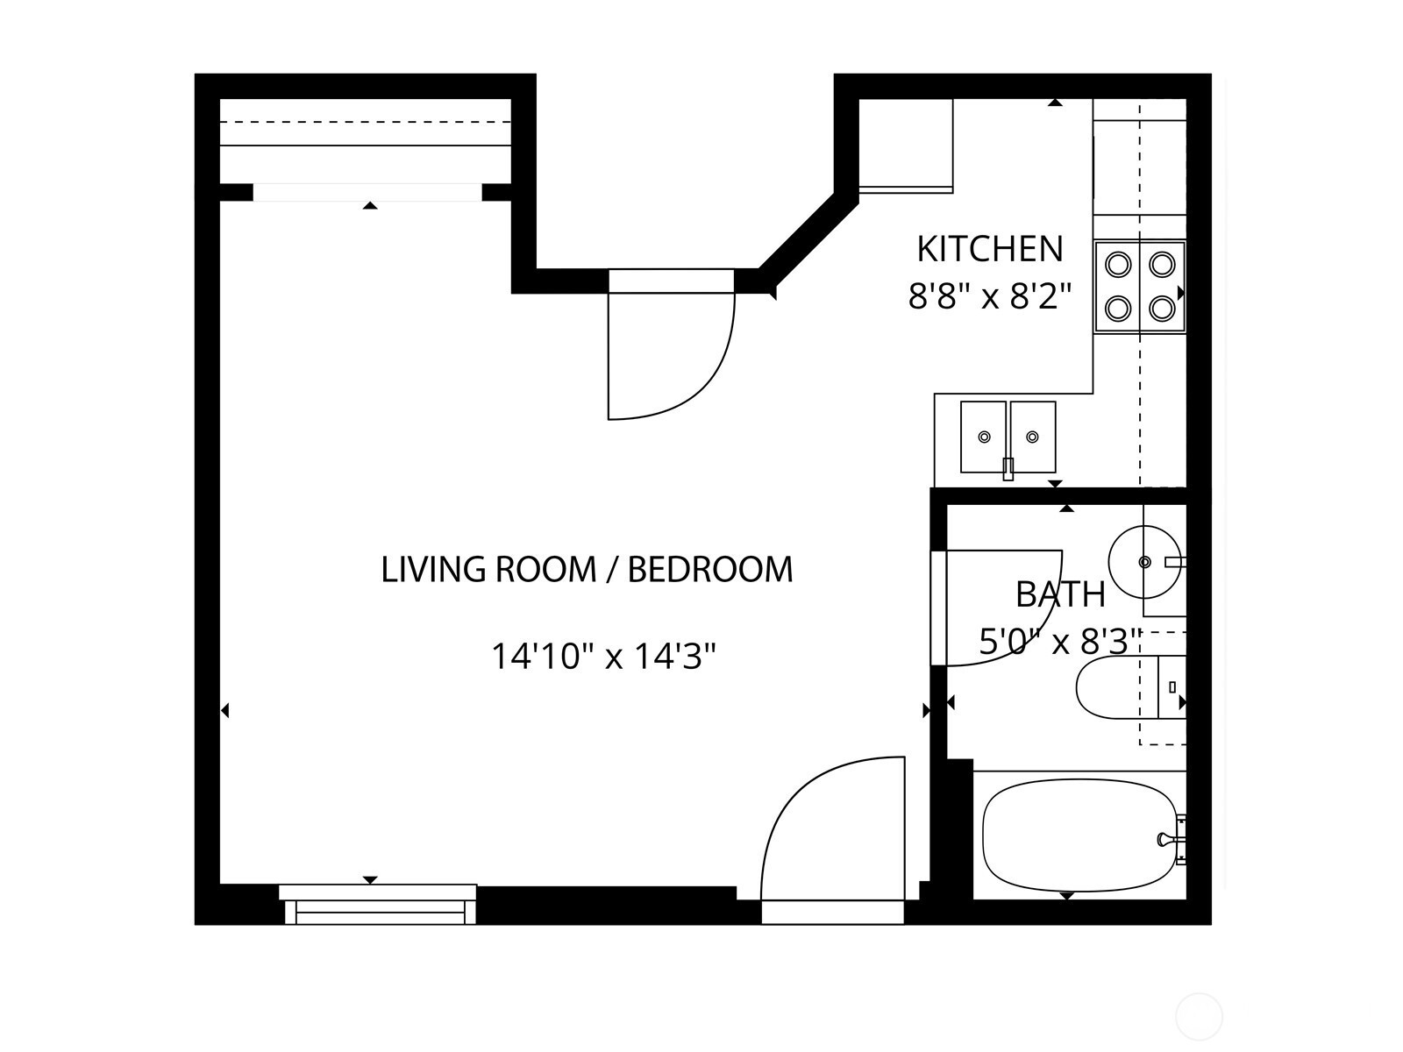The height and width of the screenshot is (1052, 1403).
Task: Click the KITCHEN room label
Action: (989, 249)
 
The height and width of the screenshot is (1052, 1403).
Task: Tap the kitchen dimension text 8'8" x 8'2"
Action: (989, 296)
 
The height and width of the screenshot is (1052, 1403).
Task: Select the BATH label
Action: (1060, 594)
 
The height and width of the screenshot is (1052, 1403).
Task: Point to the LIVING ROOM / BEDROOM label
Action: (587, 569)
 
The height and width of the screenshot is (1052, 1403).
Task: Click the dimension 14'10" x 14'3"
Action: (603, 656)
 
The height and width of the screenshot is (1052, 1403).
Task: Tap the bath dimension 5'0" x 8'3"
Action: (1060, 642)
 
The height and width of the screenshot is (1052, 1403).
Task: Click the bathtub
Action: (1079, 836)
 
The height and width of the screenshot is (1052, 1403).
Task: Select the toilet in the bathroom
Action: (1130, 687)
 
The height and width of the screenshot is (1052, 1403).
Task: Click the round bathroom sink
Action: (1144, 562)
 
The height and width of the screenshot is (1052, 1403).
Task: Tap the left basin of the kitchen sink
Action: (984, 437)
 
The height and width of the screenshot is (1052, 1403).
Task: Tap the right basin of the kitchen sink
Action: (1032, 437)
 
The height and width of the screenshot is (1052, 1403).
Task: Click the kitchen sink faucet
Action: (1008, 469)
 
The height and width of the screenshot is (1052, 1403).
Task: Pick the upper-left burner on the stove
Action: (1118, 264)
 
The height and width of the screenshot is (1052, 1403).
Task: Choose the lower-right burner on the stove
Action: (1162, 309)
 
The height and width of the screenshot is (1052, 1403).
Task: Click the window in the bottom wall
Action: (380, 905)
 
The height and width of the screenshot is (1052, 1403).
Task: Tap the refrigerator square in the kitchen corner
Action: (906, 146)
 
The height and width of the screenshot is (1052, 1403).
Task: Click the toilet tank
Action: (1172, 687)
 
